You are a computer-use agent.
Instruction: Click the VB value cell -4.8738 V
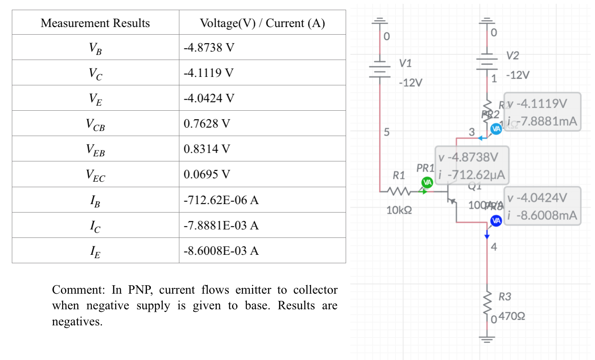click(209, 47)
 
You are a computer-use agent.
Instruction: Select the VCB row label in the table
click(95, 124)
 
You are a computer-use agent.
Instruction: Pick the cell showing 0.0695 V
click(207, 174)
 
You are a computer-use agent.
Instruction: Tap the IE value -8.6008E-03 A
click(221, 251)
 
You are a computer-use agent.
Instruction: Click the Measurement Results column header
click(95, 23)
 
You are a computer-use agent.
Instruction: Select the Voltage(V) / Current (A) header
click(262, 23)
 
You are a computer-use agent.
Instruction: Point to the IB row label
click(95, 200)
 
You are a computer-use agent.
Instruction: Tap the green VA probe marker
click(427, 183)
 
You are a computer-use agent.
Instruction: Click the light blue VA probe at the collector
click(496, 129)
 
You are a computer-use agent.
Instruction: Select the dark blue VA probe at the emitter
click(496, 221)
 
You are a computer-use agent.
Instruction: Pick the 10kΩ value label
click(399, 210)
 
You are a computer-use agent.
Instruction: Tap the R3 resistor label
click(505, 297)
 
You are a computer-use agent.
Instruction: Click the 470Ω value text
click(512, 316)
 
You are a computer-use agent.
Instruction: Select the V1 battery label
click(405, 63)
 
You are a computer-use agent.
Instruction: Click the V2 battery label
click(512, 56)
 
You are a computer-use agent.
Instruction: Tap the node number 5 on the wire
click(386, 132)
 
